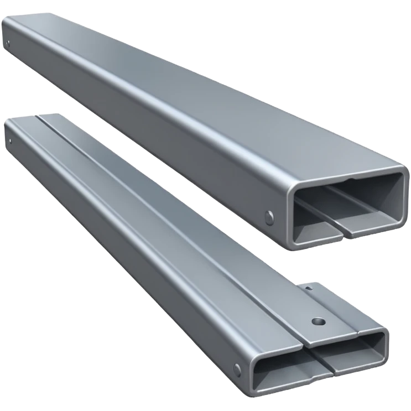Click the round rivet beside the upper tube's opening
tap(269, 216)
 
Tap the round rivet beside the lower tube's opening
tap(238, 368)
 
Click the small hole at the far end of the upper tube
tap(9, 43)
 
